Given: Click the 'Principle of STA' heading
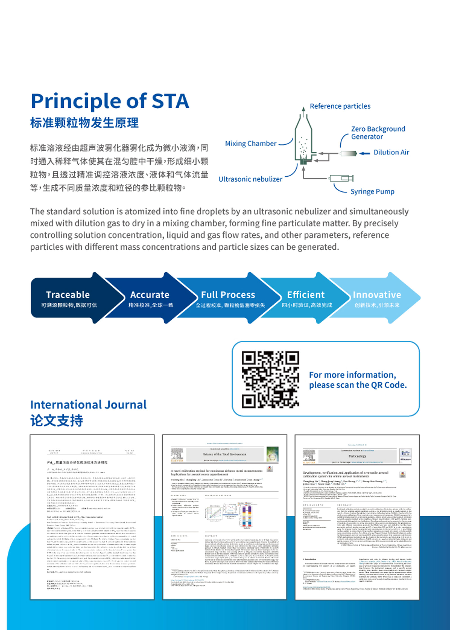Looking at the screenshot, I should pos(110,101).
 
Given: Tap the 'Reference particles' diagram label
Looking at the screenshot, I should pos(340,106).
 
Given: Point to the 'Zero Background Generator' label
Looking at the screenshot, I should pos(378,133).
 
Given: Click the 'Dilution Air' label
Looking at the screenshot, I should pos(391,152).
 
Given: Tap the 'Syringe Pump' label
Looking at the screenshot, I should pos(372,192).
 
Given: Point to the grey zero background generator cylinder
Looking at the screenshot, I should pos(348,153).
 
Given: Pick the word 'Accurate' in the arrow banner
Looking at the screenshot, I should pos(150,295).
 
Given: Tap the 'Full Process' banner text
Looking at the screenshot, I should pos(228,295).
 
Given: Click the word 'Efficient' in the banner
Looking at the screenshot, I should pos(306,295).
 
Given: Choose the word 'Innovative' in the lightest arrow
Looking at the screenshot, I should pos(377,295).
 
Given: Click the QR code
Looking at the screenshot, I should pos(270,379).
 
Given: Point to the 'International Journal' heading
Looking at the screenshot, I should pos(88,405).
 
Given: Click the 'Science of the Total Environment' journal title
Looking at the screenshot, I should pos(225,454).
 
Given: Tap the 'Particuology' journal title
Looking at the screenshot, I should pos(357,456).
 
